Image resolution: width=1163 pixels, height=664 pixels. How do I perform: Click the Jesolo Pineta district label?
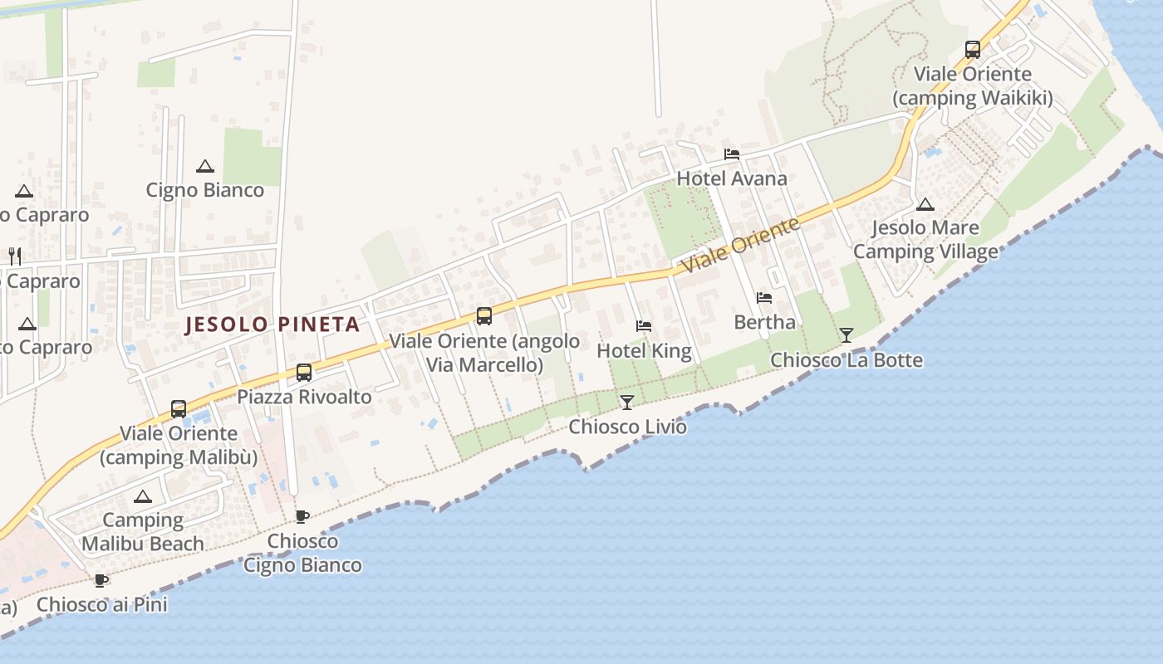(x=272, y=325)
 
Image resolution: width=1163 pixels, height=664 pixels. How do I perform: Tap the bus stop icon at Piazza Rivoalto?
(x=304, y=373)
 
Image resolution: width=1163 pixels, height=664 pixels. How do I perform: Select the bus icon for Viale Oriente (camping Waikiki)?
(x=973, y=50)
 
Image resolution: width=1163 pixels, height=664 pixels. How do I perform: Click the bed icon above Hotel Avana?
(x=731, y=154)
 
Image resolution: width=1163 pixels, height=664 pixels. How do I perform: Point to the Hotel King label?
(x=644, y=351)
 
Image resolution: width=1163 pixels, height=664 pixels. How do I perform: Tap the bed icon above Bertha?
(x=764, y=298)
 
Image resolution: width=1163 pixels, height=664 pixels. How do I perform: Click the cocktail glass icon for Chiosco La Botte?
(x=846, y=335)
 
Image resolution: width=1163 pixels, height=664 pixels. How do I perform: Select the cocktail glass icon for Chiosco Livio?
(x=627, y=403)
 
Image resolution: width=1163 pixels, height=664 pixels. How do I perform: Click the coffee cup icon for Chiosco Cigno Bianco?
(x=302, y=516)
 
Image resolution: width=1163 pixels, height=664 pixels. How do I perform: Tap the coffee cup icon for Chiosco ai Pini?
(x=101, y=580)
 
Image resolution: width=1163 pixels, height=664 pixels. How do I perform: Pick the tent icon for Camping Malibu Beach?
(x=143, y=496)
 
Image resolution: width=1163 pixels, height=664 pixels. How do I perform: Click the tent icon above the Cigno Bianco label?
(x=205, y=166)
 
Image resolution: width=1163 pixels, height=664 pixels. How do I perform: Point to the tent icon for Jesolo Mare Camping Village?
(x=925, y=204)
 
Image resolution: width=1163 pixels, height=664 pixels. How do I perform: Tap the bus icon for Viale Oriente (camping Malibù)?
(x=179, y=408)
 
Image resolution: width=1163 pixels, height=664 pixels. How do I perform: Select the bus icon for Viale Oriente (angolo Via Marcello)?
(x=484, y=316)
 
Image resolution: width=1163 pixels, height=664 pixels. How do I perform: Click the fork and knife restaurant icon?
(x=14, y=256)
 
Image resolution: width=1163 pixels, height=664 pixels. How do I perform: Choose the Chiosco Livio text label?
(x=627, y=427)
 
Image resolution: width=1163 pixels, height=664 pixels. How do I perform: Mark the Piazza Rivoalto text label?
(x=304, y=397)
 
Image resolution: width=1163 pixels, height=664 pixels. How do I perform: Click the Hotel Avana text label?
(x=731, y=178)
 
